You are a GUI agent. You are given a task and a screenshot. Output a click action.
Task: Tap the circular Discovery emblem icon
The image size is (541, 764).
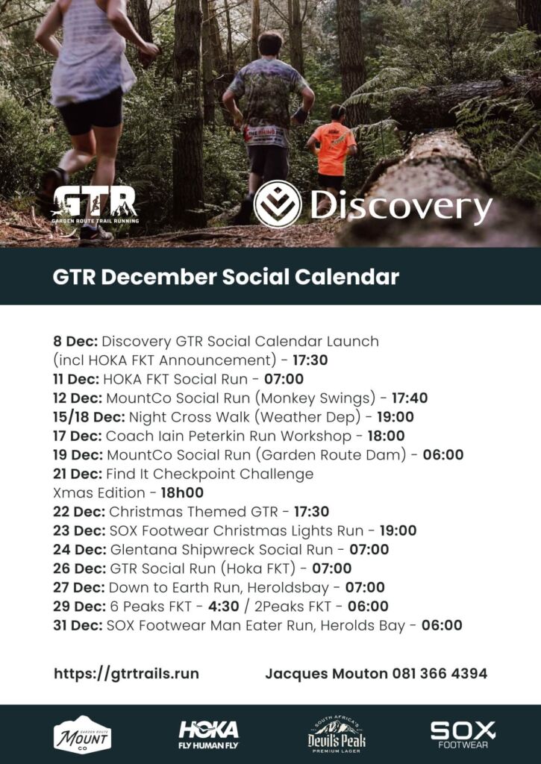click(x=278, y=204)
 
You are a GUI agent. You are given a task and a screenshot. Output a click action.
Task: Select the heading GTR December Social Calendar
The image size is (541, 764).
click(x=225, y=277)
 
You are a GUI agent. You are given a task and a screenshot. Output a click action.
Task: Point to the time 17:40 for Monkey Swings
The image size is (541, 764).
click(x=410, y=398)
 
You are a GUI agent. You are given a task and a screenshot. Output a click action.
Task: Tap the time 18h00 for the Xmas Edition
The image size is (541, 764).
click(x=182, y=492)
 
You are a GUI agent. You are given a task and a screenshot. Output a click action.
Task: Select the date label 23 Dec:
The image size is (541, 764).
click(x=79, y=530)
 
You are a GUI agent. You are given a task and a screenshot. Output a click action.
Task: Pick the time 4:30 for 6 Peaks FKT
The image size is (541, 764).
click(x=224, y=606)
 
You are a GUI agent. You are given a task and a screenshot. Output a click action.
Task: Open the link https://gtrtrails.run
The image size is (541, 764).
click(x=126, y=674)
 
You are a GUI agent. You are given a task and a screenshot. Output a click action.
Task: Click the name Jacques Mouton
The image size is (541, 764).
click(x=327, y=674)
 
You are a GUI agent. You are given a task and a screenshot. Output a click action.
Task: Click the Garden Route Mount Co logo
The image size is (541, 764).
click(x=82, y=735)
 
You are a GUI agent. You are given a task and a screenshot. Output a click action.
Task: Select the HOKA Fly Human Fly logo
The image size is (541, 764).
click(x=209, y=735)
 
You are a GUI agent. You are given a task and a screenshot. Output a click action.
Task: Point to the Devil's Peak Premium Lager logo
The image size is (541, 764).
click(x=337, y=735)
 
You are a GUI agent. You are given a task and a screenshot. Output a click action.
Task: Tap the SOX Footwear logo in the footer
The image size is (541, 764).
click(x=463, y=735)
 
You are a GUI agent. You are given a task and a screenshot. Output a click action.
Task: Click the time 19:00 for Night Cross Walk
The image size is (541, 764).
click(x=395, y=417)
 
